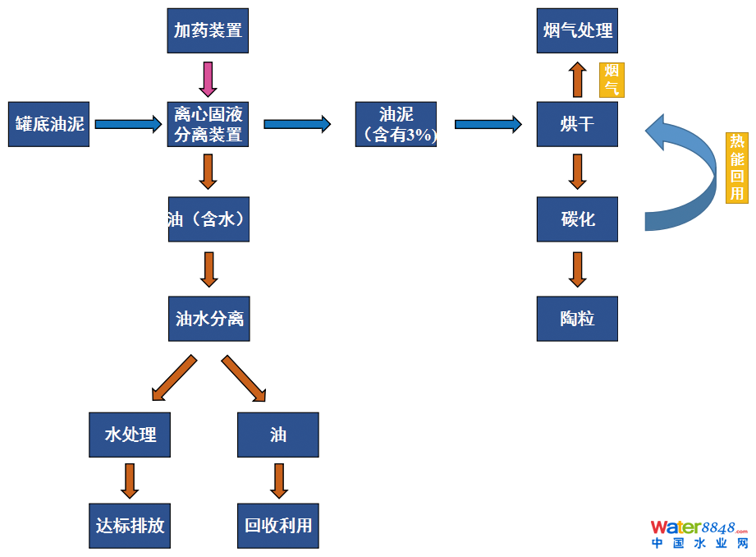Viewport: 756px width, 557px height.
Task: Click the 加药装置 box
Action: tap(208, 31)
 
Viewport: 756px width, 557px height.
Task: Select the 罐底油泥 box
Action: tap(48, 124)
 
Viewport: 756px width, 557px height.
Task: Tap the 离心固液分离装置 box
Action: tap(208, 124)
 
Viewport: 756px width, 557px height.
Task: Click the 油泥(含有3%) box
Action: tap(396, 124)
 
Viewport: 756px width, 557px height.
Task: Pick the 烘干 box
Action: tap(577, 124)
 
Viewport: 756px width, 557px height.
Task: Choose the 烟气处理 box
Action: tap(577, 31)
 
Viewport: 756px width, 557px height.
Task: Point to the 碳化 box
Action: tap(577, 219)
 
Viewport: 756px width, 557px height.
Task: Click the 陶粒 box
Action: tap(577, 318)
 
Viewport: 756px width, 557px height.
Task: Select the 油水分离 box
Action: tap(208, 318)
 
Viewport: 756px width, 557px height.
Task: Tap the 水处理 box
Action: tap(130, 435)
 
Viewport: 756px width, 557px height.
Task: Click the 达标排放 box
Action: tap(130, 525)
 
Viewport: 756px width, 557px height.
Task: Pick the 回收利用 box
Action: tap(278, 525)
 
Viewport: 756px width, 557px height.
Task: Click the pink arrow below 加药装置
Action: tap(208, 78)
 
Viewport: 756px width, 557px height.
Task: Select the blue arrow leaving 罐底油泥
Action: tap(129, 124)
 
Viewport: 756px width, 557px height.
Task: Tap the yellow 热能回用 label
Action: tap(737, 168)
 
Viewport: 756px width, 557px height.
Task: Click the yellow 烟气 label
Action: tap(611, 79)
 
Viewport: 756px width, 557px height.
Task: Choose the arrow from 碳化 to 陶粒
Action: tap(577, 269)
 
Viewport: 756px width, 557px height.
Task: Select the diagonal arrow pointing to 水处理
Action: tap(174, 377)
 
